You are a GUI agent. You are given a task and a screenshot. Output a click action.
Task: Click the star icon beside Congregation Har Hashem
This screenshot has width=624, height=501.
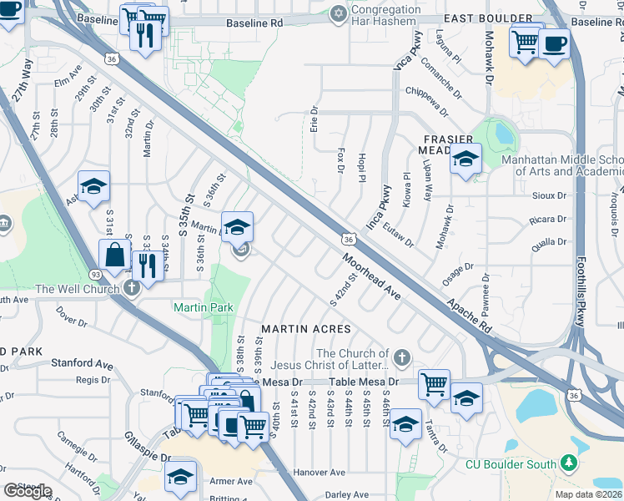click(338, 13)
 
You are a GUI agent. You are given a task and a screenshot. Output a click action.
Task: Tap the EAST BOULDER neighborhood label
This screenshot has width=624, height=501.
click(488, 18)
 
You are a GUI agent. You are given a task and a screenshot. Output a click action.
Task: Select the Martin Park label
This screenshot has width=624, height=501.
click(204, 307)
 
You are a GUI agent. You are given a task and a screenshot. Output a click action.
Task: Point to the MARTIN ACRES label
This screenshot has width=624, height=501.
click(306, 330)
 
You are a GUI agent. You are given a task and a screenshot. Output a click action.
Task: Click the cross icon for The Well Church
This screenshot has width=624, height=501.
click(130, 289)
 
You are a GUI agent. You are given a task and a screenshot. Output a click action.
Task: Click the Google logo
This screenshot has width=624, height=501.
click(28, 491)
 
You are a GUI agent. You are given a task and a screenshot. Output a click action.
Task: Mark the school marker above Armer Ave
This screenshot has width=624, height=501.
click(179, 475)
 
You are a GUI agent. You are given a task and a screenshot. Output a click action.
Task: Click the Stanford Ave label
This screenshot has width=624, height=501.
click(82, 364)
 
